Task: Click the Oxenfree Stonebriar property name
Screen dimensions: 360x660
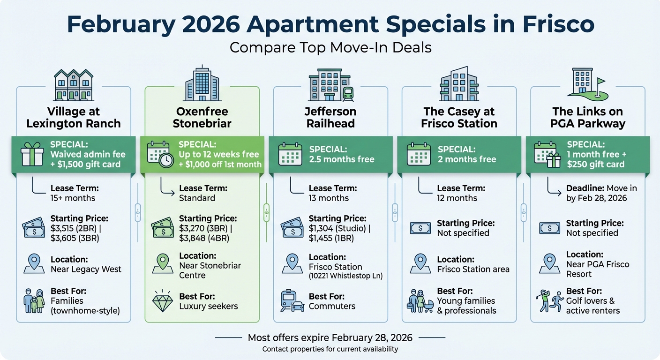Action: [202, 118]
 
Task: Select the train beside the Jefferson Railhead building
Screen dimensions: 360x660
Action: [348, 93]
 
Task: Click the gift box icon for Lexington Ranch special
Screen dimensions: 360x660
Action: [32, 155]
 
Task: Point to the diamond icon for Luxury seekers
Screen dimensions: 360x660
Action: [162, 301]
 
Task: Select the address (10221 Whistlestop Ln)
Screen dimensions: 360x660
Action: [345, 276]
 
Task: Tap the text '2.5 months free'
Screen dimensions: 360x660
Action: [342, 159]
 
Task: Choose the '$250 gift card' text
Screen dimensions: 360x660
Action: [595, 164]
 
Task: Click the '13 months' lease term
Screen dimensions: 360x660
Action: [329, 198]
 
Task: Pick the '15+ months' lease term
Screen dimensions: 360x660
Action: [73, 198]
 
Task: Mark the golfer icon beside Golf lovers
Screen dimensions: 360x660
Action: [543, 300]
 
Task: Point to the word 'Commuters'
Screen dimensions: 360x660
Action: [332, 306]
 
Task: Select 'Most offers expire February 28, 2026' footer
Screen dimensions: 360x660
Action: [330, 337]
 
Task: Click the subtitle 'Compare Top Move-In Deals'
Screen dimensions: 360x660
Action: [330, 47]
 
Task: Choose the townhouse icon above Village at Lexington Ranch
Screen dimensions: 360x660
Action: [73, 85]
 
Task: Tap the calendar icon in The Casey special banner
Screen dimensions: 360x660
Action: [418, 155]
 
